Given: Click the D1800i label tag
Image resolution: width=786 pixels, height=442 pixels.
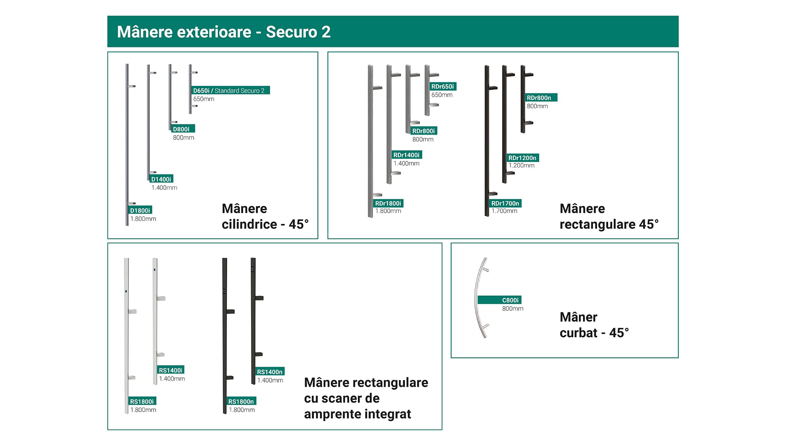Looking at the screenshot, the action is pyautogui.click(x=140, y=210).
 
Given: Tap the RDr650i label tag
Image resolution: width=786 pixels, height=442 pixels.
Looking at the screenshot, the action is pyautogui.click(x=443, y=86).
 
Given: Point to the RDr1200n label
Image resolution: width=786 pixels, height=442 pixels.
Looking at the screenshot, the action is pyautogui.click(x=523, y=158).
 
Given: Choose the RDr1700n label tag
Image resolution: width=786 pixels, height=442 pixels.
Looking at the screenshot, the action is pyautogui.click(x=506, y=203).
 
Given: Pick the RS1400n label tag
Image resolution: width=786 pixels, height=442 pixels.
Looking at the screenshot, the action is pyautogui.click(x=270, y=372).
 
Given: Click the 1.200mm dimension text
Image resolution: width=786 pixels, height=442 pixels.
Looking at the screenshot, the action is pyautogui.click(x=522, y=165).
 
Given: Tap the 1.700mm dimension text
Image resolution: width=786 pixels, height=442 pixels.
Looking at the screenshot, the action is pyautogui.click(x=504, y=211).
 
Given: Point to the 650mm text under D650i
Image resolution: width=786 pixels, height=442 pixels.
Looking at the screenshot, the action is pyautogui.click(x=204, y=99).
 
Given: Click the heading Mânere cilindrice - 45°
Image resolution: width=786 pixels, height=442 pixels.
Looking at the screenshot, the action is pyautogui.click(x=265, y=216).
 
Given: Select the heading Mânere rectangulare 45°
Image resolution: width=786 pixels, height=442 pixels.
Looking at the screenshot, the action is pyautogui.click(x=609, y=216).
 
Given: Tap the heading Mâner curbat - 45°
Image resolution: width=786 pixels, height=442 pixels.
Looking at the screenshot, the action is pyautogui.click(x=594, y=325).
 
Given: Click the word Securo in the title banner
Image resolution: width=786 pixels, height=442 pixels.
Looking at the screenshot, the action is pyautogui.click(x=291, y=32).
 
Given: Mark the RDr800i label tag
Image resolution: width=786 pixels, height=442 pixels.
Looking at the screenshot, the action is pyautogui.click(x=424, y=131).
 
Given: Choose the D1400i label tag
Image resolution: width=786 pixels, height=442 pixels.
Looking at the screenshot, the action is pyautogui.click(x=161, y=179).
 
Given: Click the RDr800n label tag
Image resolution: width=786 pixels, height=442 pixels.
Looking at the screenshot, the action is pyautogui.click(x=541, y=97).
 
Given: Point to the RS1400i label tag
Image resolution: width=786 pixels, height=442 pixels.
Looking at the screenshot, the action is pyautogui.click(x=171, y=370).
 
